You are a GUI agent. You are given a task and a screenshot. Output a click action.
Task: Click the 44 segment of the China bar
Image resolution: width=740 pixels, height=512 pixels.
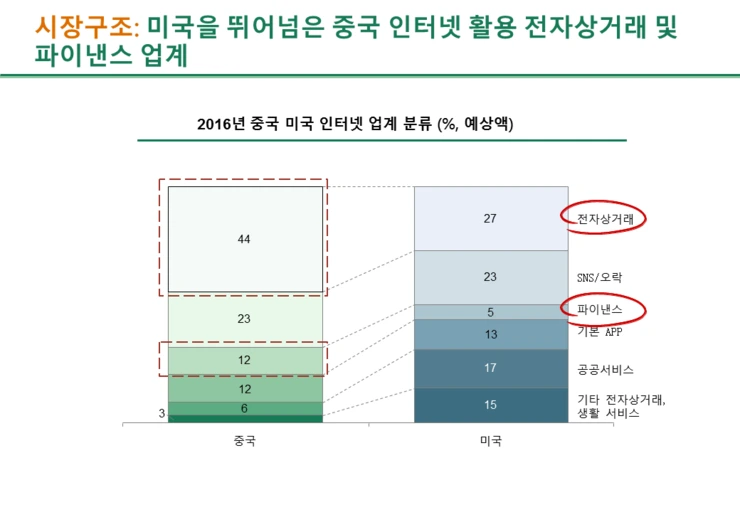click(245, 240)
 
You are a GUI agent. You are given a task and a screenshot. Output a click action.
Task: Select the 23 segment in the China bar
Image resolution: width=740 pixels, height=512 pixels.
click(245, 319)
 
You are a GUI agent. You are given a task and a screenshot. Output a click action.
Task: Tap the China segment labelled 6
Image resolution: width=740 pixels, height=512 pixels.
click(245, 408)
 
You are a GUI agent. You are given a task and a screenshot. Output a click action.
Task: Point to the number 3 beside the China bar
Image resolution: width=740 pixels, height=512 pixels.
click(162, 412)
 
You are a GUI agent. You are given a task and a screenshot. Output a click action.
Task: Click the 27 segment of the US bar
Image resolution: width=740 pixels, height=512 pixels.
click(490, 218)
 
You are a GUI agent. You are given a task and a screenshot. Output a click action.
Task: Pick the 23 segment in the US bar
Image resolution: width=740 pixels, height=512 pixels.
click(490, 277)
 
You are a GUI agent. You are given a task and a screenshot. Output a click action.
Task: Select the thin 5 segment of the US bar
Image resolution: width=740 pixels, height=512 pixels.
click(490, 312)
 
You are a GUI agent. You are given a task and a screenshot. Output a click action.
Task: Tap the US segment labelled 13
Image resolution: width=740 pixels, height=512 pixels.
click(490, 335)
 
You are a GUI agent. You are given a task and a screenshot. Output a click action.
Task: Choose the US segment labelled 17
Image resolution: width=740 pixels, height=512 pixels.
click(490, 369)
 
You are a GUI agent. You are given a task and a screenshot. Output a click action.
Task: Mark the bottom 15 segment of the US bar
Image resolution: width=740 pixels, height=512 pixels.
click(490, 405)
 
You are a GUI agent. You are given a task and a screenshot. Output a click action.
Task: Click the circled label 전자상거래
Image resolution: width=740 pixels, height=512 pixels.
click(604, 218)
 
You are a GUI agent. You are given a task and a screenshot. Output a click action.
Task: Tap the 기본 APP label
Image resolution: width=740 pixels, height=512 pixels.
click(604, 332)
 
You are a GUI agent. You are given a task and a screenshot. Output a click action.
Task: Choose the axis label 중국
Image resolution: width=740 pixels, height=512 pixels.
click(245, 441)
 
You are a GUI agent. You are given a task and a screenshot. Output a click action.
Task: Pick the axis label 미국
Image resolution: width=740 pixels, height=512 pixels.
click(490, 441)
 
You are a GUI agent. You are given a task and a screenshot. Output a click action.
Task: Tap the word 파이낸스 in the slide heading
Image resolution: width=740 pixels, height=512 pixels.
click(77, 57)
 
